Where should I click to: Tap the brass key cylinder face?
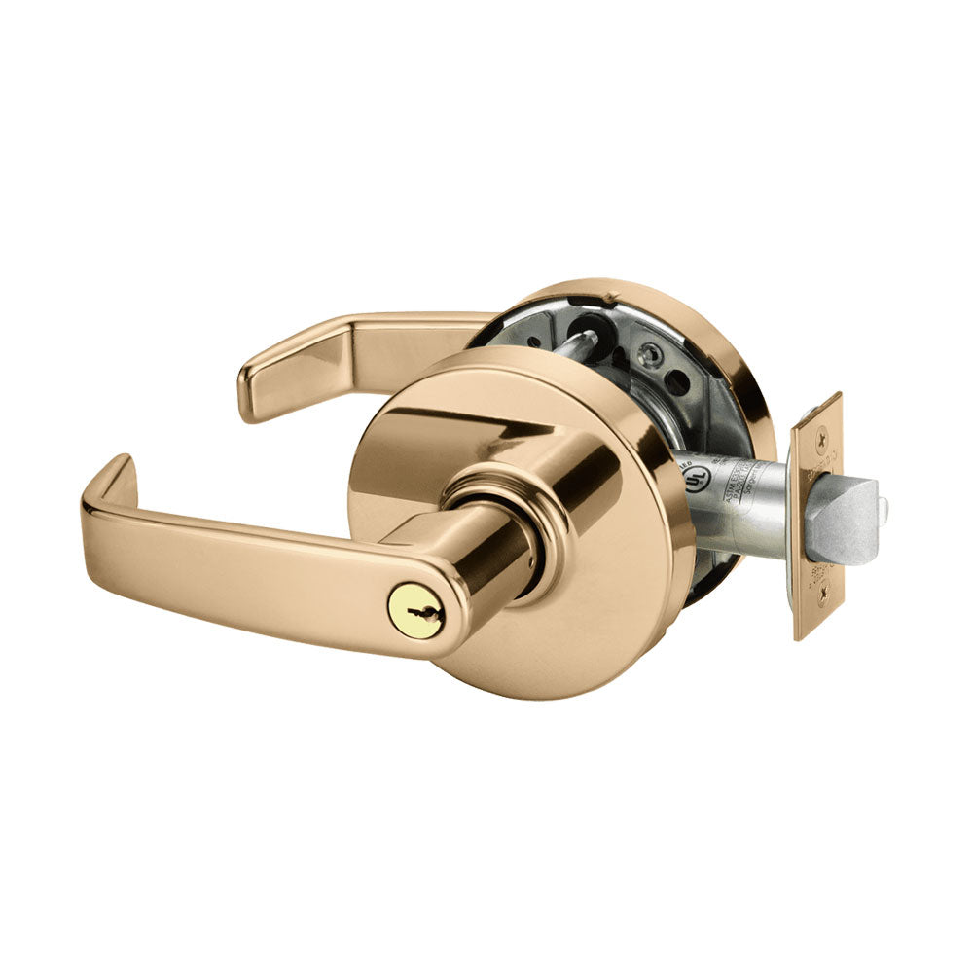409,607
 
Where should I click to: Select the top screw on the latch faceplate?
822,414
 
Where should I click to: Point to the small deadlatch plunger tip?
883,504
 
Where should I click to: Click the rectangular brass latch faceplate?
815,516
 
